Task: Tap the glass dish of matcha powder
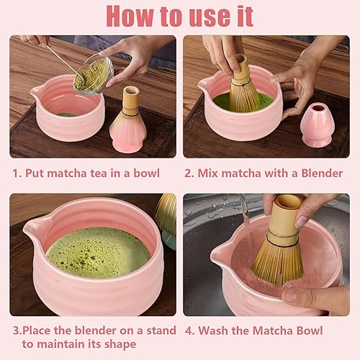pyautogui.click(x=94, y=75)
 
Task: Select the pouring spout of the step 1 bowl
pyautogui.click(x=37, y=93)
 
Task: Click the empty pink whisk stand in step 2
pyautogui.click(x=318, y=125)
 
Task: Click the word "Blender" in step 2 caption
pyautogui.click(x=322, y=174)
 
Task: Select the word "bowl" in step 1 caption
pyautogui.click(x=146, y=174)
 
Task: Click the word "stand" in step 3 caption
pyautogui.click(x=161, y=330)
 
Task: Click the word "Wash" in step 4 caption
pyautogui.click(x=214, y=330)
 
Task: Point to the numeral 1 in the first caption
pyautogui.click(x=15, y=174)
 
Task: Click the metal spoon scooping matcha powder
pyautogui.click(x=66, y=63)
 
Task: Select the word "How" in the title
pyautogui.click(x=130, y=16)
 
